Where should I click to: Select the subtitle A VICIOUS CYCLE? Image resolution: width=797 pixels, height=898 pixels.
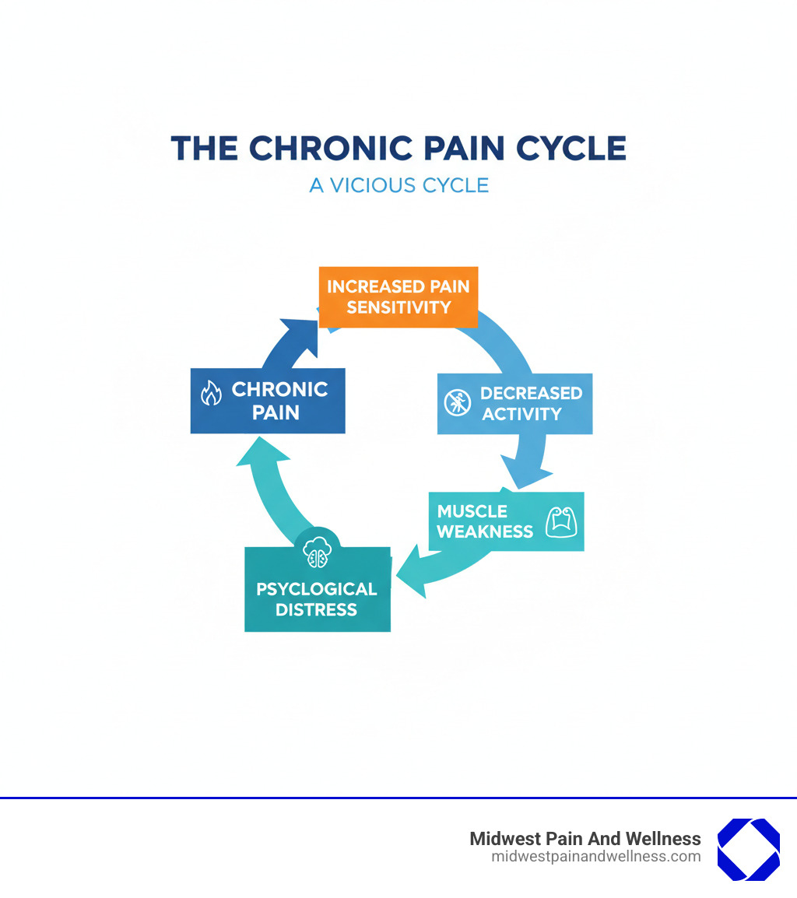(398, 186)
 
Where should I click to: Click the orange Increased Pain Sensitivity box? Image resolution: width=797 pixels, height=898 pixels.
(398, 296)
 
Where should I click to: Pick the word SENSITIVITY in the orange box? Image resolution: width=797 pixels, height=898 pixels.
(398, 307)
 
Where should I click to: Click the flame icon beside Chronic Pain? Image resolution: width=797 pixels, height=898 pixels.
(211, 394)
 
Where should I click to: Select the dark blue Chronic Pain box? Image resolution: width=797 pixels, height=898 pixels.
(268, 400)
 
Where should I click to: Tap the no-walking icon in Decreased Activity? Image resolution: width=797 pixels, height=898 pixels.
(457, 402)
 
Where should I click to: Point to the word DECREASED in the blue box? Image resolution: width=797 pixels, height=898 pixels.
(531, 393)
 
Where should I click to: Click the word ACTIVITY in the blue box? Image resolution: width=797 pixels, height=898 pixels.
(521, 414)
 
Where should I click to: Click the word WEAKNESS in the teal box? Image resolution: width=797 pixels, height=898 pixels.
(485, 532)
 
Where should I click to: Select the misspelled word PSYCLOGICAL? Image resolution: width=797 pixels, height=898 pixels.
(317, 589)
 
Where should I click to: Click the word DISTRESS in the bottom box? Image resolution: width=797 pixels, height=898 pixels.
(317, 610)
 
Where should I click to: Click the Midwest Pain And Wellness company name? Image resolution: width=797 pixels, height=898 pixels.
(585, 839)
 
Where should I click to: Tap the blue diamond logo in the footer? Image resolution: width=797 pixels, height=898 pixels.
(748, 849)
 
